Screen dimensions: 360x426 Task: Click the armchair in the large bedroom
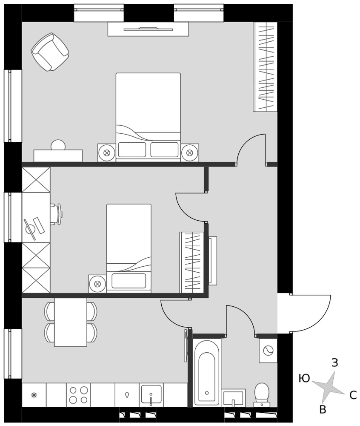tap(50, 52)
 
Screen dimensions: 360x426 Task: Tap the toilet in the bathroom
tap(262, 394)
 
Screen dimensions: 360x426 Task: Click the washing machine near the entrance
tap(268, 351)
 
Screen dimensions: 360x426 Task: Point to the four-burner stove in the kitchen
tap(78, 395)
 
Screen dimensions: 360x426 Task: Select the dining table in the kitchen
tap(71, 322)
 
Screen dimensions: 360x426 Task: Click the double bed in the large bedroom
tap(148, 117)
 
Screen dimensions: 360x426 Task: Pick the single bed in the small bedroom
tap(129, 248)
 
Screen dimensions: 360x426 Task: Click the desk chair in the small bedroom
tap(57, 214)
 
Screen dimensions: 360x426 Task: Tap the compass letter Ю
tap(304, 378)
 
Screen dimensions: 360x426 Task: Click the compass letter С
tap(353, 395)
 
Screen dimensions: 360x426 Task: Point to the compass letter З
tap(335, 363)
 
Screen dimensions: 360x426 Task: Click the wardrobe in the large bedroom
tap(266, 67)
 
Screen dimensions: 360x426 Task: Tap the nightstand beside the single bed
tap(97, 284)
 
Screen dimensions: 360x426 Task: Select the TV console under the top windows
tap(148, 29)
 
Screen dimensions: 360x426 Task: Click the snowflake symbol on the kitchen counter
tap(34, 395)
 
